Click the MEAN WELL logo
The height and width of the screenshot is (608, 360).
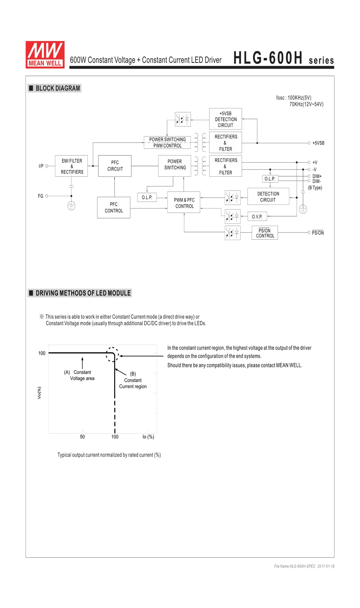pos(45,54)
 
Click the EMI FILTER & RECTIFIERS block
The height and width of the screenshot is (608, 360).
pos(72,166)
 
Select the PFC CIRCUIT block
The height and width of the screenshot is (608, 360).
pos(115,166)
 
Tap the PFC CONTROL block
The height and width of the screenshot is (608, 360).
pos(114,207)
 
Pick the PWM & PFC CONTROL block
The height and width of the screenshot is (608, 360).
pos(184,203)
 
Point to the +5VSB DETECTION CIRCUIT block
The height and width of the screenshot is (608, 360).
pos(226,119)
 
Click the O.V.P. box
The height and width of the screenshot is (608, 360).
pos(257,217)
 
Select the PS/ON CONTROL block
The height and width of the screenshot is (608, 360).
pos(265,233)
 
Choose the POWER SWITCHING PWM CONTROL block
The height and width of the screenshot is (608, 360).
pos(167,143)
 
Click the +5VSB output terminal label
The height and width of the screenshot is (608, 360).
pos(318,143)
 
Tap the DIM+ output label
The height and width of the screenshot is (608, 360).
pos(317,176)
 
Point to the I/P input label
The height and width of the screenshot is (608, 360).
pos(41,166)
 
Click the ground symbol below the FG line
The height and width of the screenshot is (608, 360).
pos(71,206)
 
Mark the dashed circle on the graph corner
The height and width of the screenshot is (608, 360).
pos(112,355)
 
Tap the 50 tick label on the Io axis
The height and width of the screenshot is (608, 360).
pos(82,437)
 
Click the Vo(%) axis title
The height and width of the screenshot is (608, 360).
pos(39,393)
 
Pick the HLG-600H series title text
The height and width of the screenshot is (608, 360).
pos(284,58)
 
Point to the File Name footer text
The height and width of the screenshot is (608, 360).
pos(304,566)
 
